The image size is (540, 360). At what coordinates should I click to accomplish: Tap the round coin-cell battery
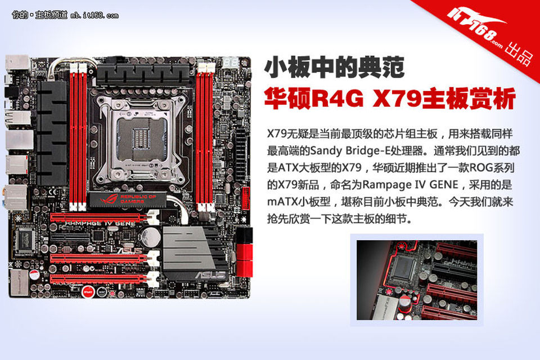pyautogui.click(x=151, y=236)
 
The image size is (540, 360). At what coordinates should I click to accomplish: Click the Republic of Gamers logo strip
pyautogui.click(x=128, y=199)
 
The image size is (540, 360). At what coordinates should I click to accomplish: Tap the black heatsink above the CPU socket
pyautogui.click(x=143, y=74)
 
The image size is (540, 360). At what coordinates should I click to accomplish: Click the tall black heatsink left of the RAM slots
pyautogui.click(x=52, y=133)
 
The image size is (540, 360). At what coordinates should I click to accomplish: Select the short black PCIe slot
pyautogui.click(x=70, y=237)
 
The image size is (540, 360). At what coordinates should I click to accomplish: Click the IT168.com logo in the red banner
pyautogui.click(x=475, y=26)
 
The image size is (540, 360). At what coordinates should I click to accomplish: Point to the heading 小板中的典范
pyautogui.click(x=334, y=67)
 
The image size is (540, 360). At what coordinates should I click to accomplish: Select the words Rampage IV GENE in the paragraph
pyautogui.click(x=410, y=184)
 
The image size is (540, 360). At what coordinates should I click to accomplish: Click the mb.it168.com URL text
pyautogui.click(x=94, y=16)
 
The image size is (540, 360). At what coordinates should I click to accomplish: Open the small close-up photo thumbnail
pyautogui.click(x=417, y=280)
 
